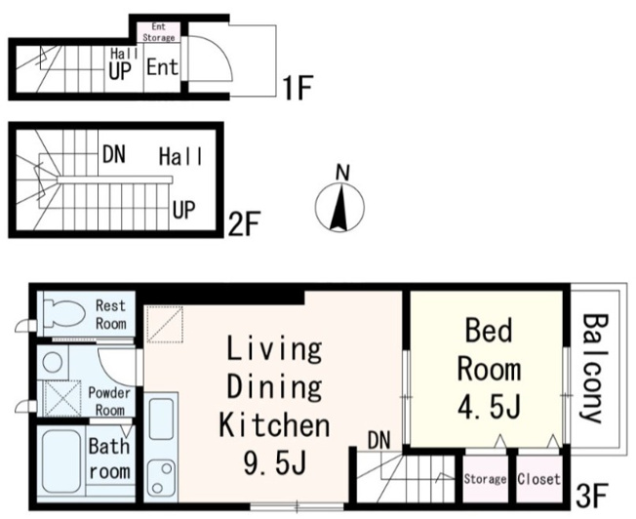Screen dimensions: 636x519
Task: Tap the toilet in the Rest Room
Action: [63, 313]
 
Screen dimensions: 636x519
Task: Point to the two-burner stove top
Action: [161, 477]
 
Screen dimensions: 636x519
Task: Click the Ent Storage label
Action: [159, 32]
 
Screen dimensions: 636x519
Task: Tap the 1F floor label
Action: [298, 88]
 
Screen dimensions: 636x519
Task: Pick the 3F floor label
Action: [591, 495]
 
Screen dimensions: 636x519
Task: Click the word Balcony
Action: [595, 368]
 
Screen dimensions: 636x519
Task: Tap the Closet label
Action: [539, 479]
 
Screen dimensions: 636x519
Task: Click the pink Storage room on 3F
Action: [485, 479]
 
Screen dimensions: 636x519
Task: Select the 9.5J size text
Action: [275, 463]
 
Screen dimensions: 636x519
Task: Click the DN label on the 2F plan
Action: [114, 154]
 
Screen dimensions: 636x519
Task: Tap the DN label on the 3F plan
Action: [379, 440]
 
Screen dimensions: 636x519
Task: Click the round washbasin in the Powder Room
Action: [53, 361]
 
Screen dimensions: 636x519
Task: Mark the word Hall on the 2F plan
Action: [180, 157]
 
